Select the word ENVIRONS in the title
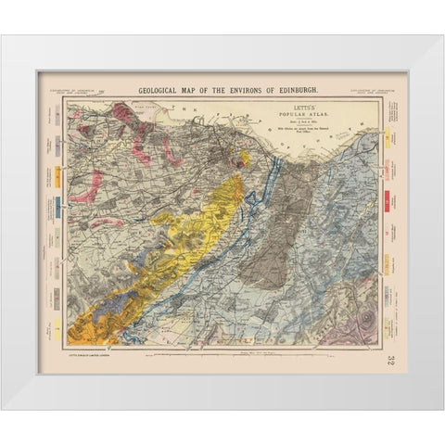coord(235,90)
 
